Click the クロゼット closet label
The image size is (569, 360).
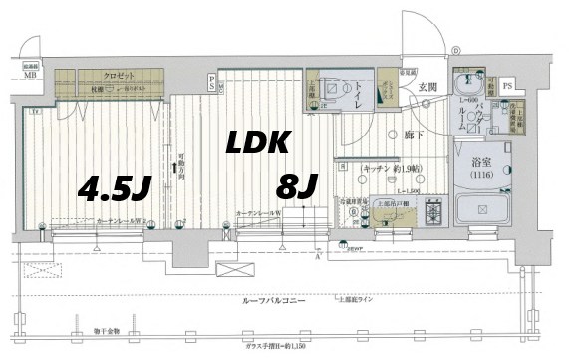pos(121,75)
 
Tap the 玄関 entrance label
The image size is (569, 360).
pos(427,88)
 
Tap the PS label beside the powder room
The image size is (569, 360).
pos(508,87)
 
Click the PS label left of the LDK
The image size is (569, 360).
pos(211,82)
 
